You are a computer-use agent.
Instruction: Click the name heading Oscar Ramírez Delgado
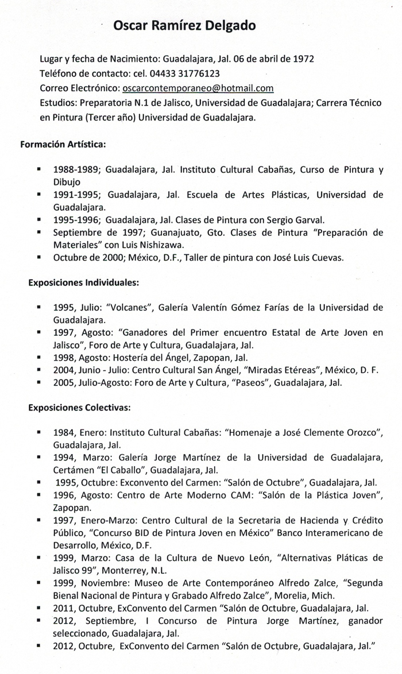pos(184,25)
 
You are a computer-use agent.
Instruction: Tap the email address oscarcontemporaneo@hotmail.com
pos(198,88)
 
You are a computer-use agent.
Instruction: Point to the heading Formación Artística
pos(63,145)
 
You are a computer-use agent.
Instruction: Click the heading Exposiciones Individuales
pos(80,282)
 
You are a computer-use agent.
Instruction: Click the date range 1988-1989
pos(76,171)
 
